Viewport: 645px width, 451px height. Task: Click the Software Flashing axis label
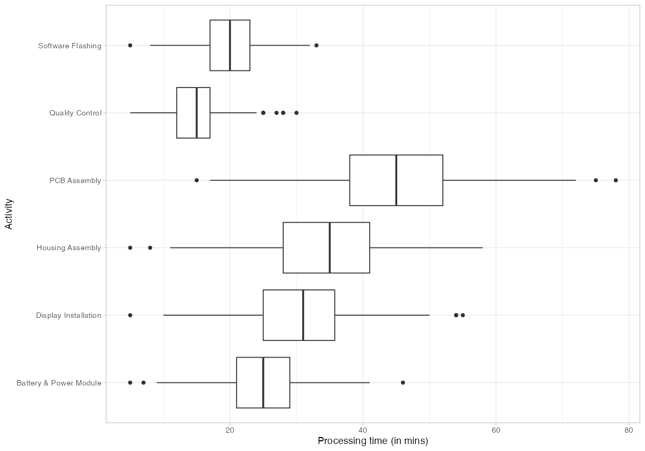click(70, 46)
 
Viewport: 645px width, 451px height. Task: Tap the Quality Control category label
click(75, 113)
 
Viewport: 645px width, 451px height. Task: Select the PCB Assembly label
click(75, 181)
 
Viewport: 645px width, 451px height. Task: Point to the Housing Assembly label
click(69, 248)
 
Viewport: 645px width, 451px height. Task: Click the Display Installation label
click(69, 316)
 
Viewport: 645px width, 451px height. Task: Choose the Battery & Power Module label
click(59, 383)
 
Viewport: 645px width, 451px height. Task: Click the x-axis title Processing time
click(372, 441)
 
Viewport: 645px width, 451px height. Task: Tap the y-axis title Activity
click(9, 214)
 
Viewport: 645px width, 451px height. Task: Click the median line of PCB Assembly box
click(396, 180)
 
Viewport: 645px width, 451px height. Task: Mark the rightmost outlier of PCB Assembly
click(615, 180)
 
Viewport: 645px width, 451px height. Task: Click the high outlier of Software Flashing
click(316, 46)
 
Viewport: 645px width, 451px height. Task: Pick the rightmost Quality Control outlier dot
click(296, 113)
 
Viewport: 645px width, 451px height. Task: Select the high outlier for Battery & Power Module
click(403, 383)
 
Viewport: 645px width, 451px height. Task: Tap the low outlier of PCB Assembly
click(197, 180)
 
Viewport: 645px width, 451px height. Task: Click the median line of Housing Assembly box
click(329, 248)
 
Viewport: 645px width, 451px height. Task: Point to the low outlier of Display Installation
click(130, 315)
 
